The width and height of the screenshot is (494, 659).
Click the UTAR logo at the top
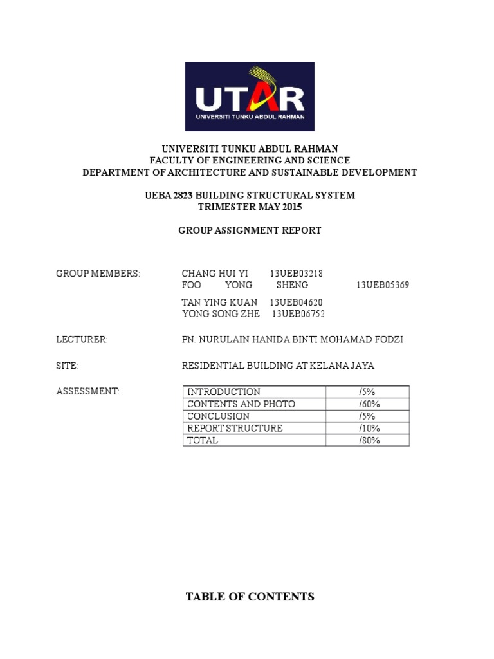(250, 97)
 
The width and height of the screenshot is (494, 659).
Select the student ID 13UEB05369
(383, 285)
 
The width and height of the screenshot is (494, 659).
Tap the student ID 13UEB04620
(296, 302)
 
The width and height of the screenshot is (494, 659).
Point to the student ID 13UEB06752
(298, 314)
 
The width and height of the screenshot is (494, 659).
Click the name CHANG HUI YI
(215, 274)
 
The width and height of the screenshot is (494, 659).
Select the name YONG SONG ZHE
(221, 314)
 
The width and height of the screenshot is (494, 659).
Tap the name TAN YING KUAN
(220, 302)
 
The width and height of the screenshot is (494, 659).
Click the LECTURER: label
(82, 340)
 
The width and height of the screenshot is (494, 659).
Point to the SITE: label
(68, 366)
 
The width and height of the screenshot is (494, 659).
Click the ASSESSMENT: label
(88, 392)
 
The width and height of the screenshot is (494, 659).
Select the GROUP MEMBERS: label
(98, 274)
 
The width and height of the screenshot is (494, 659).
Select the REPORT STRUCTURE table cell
(235, 429)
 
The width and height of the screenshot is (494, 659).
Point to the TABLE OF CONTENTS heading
(250, 597)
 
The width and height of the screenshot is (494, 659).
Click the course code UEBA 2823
(169, 195)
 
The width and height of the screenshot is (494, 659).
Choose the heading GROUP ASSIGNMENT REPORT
(250, 230)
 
